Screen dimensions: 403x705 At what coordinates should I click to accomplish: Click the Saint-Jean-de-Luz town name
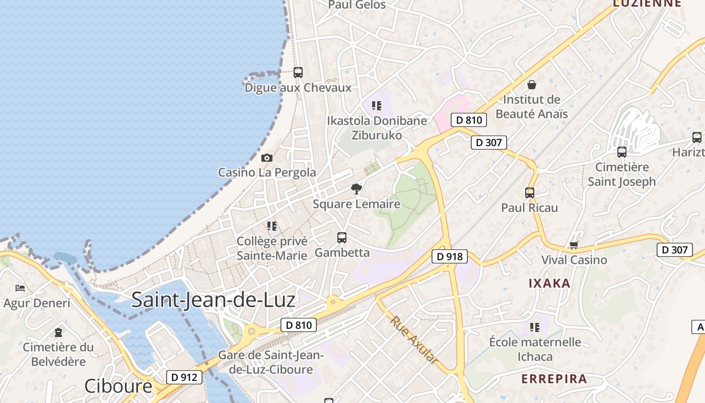pos(213,300)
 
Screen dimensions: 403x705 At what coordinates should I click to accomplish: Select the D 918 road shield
pos(450,256)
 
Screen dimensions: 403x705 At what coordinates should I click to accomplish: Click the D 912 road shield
pos(184,377)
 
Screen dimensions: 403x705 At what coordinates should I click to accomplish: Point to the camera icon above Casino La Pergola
pos(267,158)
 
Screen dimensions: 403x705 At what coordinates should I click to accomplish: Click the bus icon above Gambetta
pos(342,238)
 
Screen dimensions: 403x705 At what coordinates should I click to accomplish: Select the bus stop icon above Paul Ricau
pos(530,192)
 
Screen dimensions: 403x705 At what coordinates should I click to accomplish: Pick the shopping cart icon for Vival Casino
pos(574,245)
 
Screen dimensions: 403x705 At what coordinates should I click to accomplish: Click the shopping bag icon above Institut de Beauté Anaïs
pos(531,85)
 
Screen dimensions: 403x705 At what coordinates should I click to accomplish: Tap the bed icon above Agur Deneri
pos(20,288)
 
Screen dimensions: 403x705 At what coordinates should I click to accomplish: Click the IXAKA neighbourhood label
pos(549,283)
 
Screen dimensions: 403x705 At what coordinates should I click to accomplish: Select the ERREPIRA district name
pos(554,379)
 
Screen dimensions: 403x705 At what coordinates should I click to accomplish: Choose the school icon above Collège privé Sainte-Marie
pos(272,226)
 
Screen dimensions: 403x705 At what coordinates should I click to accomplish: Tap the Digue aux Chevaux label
pos(298,88)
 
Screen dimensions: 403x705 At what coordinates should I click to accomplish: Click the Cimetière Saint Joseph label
pos(622,174)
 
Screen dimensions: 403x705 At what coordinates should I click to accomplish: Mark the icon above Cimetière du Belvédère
pos(58,332)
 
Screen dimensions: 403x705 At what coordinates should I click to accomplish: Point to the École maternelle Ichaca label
pos(535,349)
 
